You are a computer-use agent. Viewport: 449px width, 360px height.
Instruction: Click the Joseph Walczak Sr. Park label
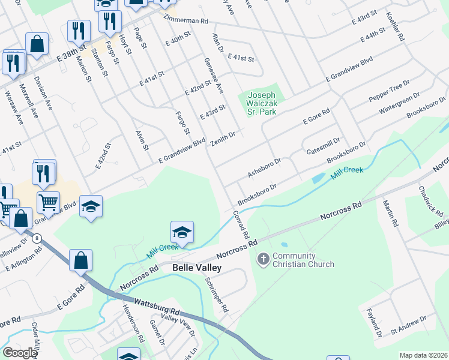262,103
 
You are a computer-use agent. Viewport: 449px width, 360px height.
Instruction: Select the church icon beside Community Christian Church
263,260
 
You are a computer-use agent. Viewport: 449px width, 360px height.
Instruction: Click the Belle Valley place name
197,268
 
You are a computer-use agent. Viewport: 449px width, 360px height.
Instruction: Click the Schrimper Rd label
216,295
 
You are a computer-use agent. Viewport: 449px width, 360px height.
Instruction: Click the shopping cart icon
48,202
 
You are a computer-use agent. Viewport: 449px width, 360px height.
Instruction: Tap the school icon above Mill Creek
182,231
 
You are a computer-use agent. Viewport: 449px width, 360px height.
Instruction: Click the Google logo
20,353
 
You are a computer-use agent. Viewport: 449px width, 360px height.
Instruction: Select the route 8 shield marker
38,238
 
